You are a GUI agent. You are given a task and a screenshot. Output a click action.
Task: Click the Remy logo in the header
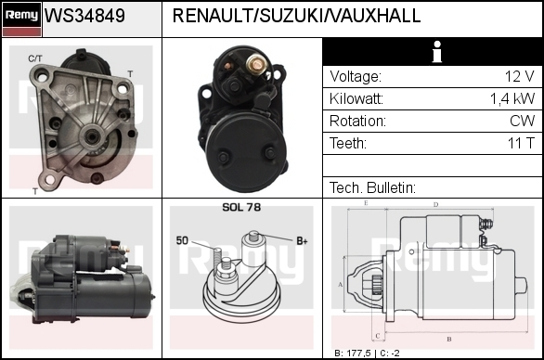click(21, 19)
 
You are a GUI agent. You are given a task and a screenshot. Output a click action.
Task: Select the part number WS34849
click(84, 16)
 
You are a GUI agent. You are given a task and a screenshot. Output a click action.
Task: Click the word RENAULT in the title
click(213, 16)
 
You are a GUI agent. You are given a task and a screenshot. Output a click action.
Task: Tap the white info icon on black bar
click(437, 52)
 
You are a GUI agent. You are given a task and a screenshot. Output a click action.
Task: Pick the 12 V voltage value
click(519, 76)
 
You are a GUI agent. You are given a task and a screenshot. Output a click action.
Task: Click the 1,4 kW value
click(512, 99)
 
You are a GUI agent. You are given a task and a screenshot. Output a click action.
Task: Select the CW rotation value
click(522, 121)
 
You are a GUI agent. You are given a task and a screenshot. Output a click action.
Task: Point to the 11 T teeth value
click(521, 143)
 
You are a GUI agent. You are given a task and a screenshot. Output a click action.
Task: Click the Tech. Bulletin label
click(372, 187)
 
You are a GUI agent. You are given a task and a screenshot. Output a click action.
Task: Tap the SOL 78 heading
click(241, 207)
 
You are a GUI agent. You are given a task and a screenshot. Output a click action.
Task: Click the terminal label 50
click(182, 240)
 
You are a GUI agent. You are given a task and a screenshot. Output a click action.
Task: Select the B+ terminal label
click(302, 240)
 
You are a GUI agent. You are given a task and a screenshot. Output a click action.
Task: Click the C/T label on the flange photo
click(35, 58)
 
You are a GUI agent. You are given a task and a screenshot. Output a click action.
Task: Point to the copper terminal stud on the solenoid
click(255, 64)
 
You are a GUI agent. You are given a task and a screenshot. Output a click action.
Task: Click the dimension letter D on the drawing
click(435, 205)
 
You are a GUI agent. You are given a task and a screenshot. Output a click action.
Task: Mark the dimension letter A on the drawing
click(341, 285)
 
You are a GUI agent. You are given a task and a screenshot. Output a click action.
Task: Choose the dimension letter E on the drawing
click(366, 203)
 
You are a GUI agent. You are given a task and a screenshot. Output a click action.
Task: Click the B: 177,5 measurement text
click(352, 354)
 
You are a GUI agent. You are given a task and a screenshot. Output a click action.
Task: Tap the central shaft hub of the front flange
click(92, 137)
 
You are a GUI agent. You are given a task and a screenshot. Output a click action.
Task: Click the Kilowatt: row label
click(356, 99)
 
